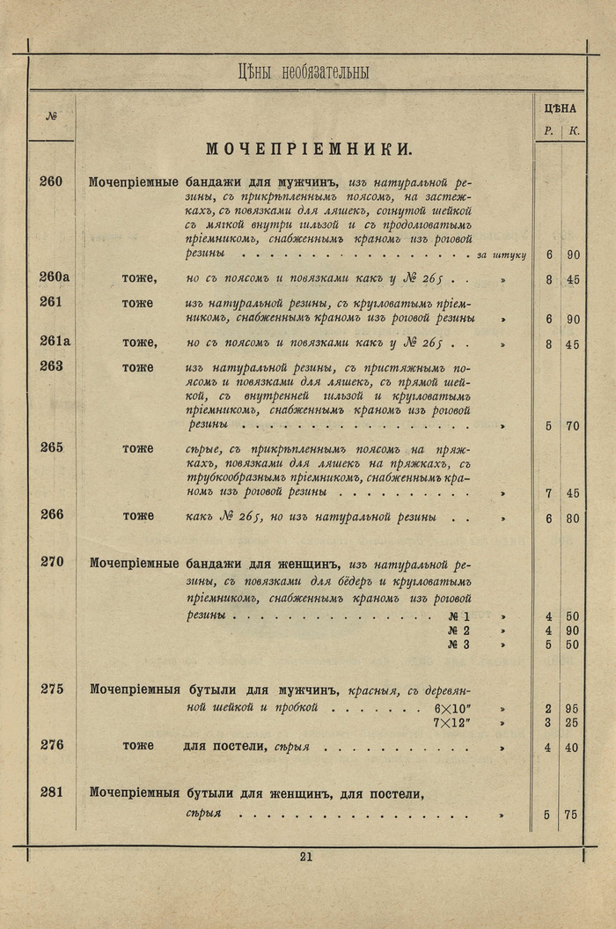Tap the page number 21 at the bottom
pos(306,856)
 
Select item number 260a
pos(55,277)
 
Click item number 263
pos(52,366)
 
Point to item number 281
pos(52,792)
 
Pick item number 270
pos(52,562)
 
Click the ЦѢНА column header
pos(560,109)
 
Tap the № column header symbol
pos(51,116)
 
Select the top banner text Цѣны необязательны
pos(303,72)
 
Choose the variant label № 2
pos(458,630)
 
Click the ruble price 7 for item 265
pos(548,494)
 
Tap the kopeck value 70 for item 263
pos(572,426)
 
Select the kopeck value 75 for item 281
pos(571,815)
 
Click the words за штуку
pos(501,255)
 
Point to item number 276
pos(52,745)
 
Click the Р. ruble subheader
pos(548,131)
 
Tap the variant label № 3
pos(458,645)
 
